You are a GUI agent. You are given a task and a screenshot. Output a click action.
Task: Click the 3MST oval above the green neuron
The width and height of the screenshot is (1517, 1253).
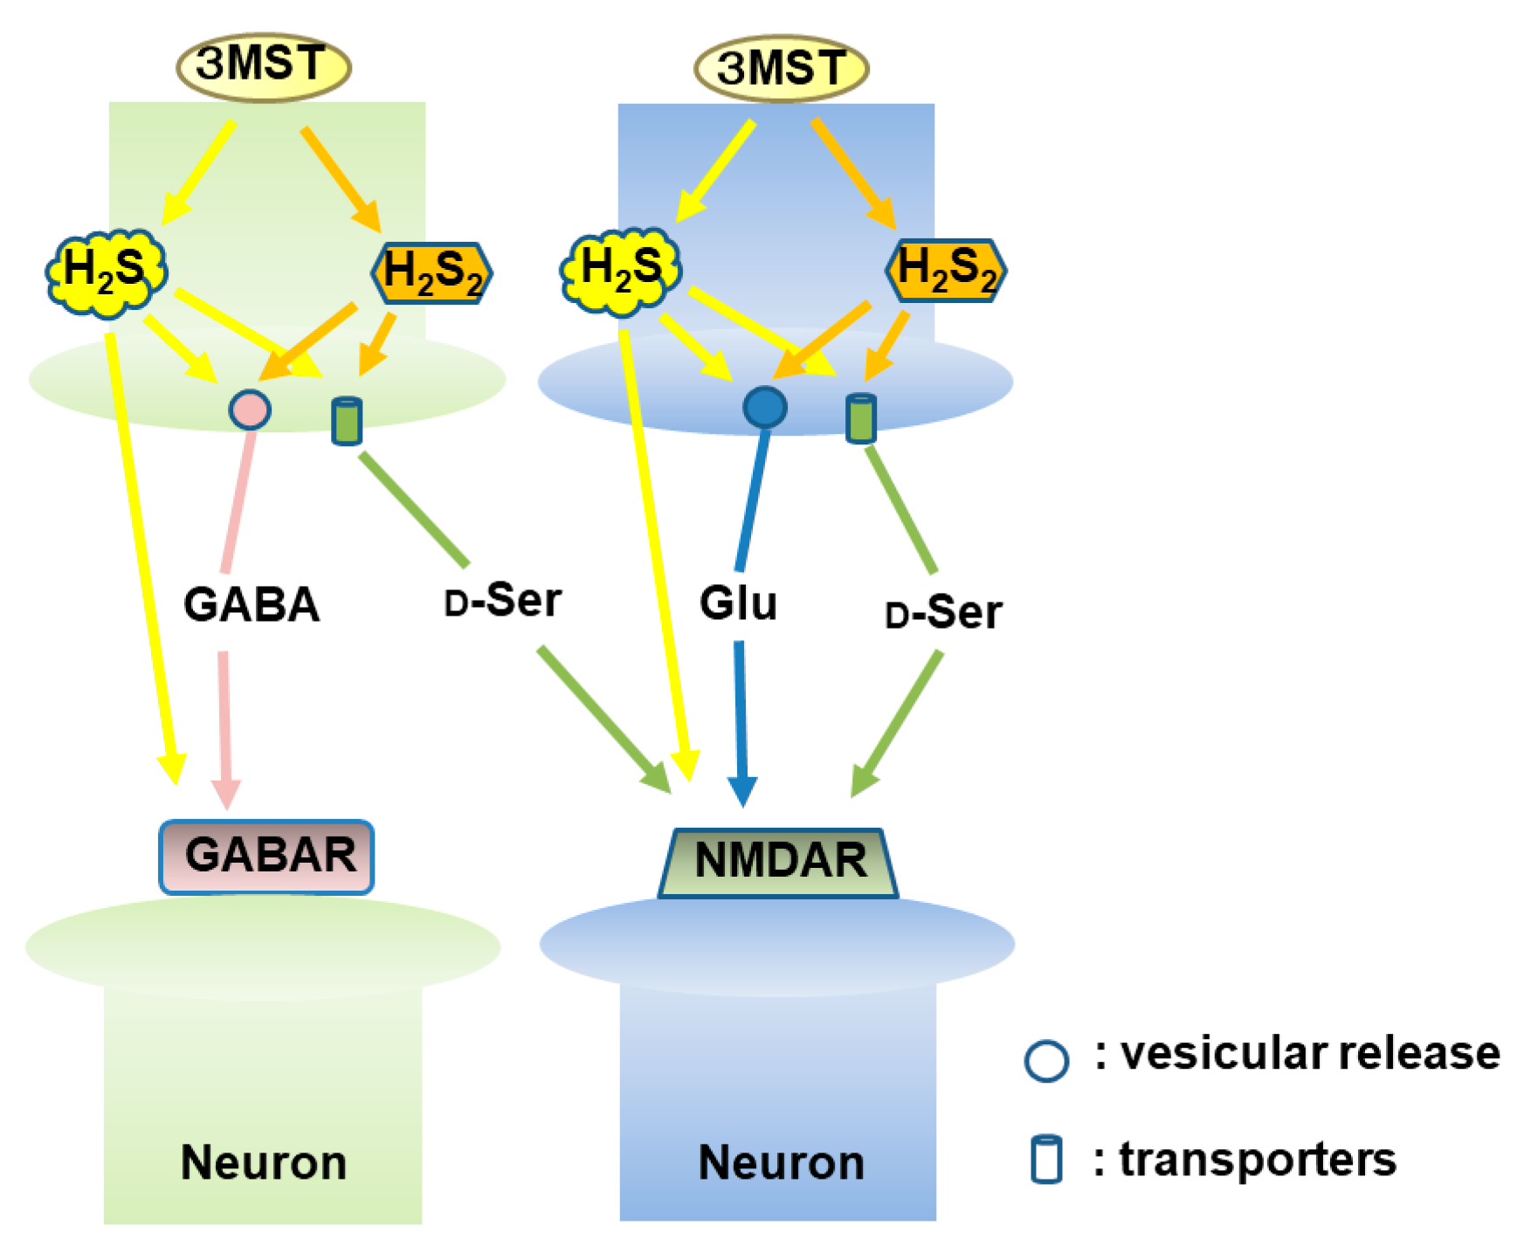tap(263, 66)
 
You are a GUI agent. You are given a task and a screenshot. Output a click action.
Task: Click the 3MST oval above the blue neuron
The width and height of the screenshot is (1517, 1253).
tap(781, 68)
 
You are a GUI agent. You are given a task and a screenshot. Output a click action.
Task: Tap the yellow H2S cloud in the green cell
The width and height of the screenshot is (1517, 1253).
tap(106, 271)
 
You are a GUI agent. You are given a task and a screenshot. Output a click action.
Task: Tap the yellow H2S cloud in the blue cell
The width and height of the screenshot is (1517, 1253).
tap(620, 270)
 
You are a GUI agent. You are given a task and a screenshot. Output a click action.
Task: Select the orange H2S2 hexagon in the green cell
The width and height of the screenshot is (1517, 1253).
tap(431, 272)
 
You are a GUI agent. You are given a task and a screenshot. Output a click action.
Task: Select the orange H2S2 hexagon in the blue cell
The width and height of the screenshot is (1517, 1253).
tap(946, 270)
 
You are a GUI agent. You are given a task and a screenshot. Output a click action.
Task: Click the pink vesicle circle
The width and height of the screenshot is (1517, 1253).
tap(250, 409)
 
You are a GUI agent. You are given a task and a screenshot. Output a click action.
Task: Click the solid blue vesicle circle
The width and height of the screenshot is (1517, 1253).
tap(765, 407)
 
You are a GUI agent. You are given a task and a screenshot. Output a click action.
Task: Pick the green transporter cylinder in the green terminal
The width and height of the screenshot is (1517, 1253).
tap(347, 421)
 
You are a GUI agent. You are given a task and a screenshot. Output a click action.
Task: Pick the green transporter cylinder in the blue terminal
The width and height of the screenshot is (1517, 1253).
tap(861, 418)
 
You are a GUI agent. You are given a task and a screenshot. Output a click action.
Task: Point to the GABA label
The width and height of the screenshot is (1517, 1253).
tap(252, 604)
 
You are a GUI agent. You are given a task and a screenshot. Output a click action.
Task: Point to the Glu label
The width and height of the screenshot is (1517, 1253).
tap(738, 602)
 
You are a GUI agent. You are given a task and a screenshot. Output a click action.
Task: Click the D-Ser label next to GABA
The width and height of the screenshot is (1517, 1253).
tap(503, 601)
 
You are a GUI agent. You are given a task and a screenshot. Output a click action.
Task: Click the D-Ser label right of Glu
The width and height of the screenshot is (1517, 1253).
tap(943, 612)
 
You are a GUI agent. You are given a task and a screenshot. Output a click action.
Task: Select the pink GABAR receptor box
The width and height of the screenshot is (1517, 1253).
tap(267, 856)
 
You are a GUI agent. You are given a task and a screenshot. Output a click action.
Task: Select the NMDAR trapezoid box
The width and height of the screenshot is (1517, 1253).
tap(779, 862)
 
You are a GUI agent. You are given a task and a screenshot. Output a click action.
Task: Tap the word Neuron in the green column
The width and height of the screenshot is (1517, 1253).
tap(264, 1162)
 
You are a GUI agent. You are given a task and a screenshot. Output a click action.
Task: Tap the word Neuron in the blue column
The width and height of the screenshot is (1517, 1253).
tap(781, 1162)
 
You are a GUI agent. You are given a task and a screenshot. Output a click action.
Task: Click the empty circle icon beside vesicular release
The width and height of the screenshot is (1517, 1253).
tap(1045, 1060)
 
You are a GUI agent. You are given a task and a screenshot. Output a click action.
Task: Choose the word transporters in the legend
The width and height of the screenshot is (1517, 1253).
tap(1257, 1160)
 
